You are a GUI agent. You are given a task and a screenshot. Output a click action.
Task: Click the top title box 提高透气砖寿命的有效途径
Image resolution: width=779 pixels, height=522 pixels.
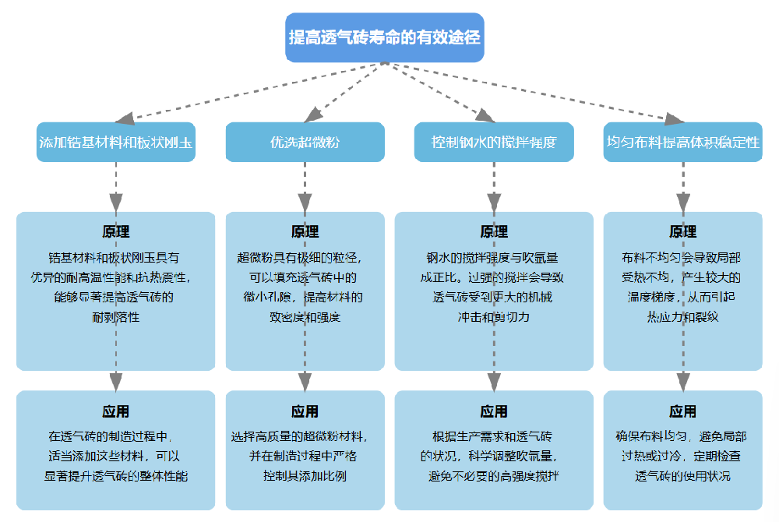[x=384, y=37]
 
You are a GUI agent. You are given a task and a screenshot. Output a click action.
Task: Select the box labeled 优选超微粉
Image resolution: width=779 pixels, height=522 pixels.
[x=305, y=143]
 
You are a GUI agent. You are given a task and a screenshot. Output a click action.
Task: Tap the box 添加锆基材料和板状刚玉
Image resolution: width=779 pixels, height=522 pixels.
[x=116, y=143]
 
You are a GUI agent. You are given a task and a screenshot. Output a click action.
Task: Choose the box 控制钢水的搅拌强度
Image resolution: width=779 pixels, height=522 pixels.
[x=494, y=143]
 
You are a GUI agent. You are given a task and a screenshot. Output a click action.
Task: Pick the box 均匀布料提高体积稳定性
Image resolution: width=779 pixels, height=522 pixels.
[x=682, y=143]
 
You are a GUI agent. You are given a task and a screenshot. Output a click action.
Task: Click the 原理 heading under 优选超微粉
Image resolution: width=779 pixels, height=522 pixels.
[x=305, y=232]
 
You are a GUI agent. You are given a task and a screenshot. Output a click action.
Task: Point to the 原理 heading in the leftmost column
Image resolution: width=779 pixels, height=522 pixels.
[x=116, y=232]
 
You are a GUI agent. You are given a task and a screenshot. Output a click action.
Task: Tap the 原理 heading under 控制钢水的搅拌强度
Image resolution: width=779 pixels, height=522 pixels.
[x=494, y=232]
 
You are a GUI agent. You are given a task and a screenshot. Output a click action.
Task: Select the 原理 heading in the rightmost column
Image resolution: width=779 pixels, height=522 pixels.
[x=682, y=232]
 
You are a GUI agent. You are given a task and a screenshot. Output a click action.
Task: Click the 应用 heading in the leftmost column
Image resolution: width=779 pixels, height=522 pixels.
[x=116, y=411]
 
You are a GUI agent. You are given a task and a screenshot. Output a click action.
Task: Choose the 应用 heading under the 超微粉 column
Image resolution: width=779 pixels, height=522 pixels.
[x=305, y=411]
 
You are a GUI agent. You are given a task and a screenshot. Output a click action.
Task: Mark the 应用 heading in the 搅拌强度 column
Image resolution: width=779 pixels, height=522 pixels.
[x=494, y=411]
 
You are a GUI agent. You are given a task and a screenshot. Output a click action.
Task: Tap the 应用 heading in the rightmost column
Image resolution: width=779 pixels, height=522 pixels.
[x=682, y=411]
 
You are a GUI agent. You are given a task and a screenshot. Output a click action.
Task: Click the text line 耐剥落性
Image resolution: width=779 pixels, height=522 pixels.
[x=116, y=318]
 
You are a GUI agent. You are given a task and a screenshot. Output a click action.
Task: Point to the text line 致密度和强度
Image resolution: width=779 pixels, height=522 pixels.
[x=305, y=318]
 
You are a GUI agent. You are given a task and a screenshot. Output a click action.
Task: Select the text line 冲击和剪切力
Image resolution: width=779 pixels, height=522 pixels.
[x=494, y=318]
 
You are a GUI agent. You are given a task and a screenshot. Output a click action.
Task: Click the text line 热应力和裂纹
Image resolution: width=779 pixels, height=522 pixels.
[x=682, y=318]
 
